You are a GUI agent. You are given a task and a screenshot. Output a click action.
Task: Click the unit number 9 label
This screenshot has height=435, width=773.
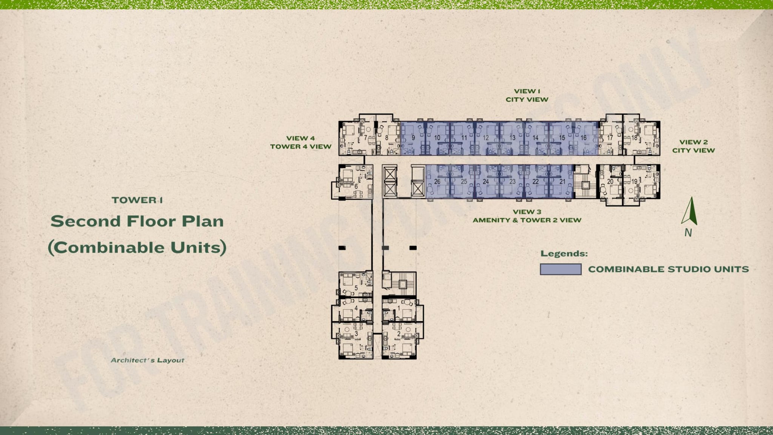pos(413,138)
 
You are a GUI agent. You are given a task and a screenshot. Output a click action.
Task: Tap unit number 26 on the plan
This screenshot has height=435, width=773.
pos(437,181)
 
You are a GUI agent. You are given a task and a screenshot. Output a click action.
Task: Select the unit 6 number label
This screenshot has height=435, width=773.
pos(356,186)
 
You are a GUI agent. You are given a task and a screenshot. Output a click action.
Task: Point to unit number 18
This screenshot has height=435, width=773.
pos(634,138)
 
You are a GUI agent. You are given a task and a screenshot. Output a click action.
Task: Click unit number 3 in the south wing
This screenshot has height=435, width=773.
pos(356,334)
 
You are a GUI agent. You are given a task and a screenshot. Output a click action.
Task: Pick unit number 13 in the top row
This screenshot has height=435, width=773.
pos(512,138)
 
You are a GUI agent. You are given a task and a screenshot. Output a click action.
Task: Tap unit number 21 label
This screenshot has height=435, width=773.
pos(562,181)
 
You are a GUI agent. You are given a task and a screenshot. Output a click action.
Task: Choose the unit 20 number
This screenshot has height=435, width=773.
pos(610,181)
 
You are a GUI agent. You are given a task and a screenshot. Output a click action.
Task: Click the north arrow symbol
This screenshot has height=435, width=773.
pos(689,211)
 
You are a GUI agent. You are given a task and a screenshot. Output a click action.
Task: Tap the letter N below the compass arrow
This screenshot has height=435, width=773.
pos(688,233)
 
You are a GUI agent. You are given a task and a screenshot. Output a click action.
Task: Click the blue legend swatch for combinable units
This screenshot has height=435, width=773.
pos(561,269)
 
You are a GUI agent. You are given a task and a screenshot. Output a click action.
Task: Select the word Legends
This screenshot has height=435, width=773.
pos(564,254)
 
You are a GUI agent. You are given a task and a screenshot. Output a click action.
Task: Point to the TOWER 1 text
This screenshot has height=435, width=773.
pos(137,200)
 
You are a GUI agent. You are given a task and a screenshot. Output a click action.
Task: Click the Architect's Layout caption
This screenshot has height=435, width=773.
pos(148,360)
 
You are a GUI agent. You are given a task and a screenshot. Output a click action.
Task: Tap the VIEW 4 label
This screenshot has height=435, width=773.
pos(300,138)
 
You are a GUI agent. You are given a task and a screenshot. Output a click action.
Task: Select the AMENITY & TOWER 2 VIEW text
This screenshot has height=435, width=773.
pos(527,220)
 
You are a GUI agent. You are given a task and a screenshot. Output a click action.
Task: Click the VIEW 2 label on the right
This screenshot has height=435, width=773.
pos(694,142)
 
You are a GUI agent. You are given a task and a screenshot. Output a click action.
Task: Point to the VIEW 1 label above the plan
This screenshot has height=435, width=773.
pos(527,91)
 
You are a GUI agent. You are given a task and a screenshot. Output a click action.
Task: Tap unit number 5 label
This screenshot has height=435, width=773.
pos(356,288)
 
